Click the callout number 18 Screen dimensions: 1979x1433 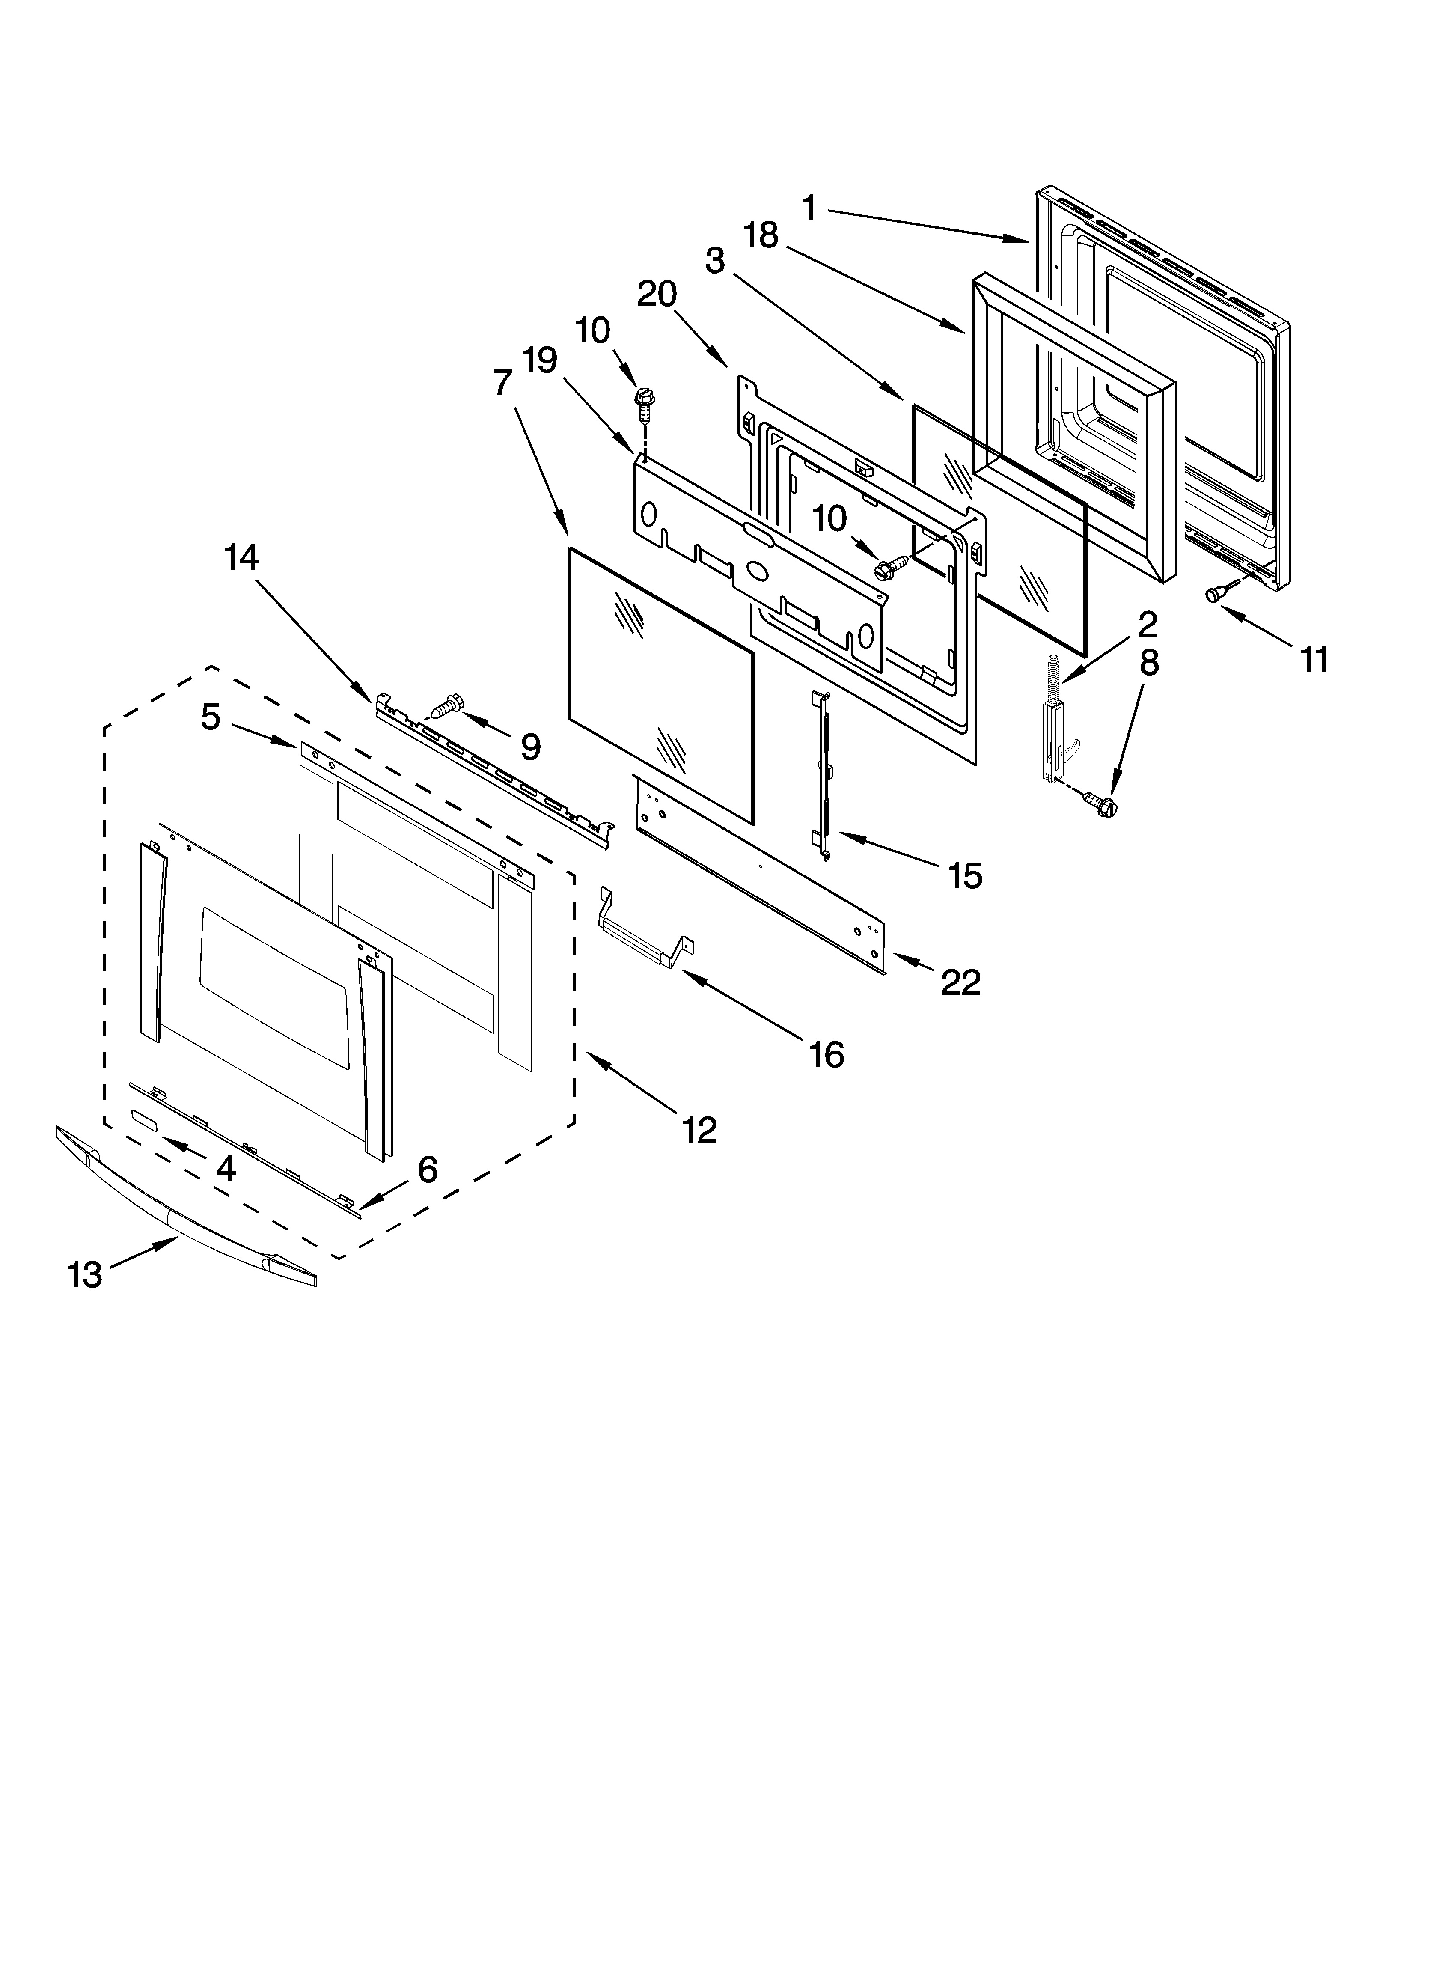761,235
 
